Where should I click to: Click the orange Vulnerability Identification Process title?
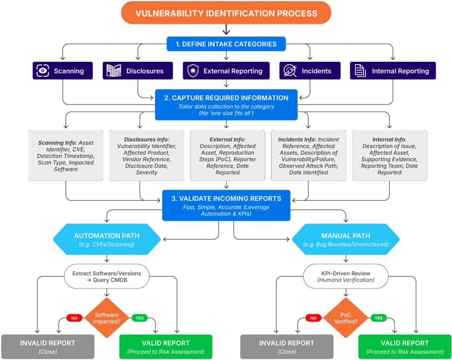point(226,13)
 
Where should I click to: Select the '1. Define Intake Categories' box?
point(226,44)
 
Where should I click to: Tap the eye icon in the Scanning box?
point(43,71)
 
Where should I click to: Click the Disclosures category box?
point(138,71)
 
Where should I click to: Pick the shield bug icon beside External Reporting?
point(193,71)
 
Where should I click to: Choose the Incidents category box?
point(311,71)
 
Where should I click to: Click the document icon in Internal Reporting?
point(360,71)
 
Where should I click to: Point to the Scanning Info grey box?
point(66,156)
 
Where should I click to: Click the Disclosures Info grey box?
point(147,156)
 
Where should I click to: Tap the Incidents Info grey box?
point(309,156)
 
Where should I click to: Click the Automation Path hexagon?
point(107,239)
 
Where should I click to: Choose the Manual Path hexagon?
point(346,239)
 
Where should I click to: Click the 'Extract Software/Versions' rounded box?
point(107,277)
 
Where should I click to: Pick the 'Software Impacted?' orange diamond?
point(107,318)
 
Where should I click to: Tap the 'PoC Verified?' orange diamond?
point(346,318)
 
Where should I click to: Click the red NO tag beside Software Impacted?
point(74,318)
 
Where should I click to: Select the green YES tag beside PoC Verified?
point(378,318)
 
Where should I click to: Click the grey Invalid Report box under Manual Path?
point(286,346)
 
